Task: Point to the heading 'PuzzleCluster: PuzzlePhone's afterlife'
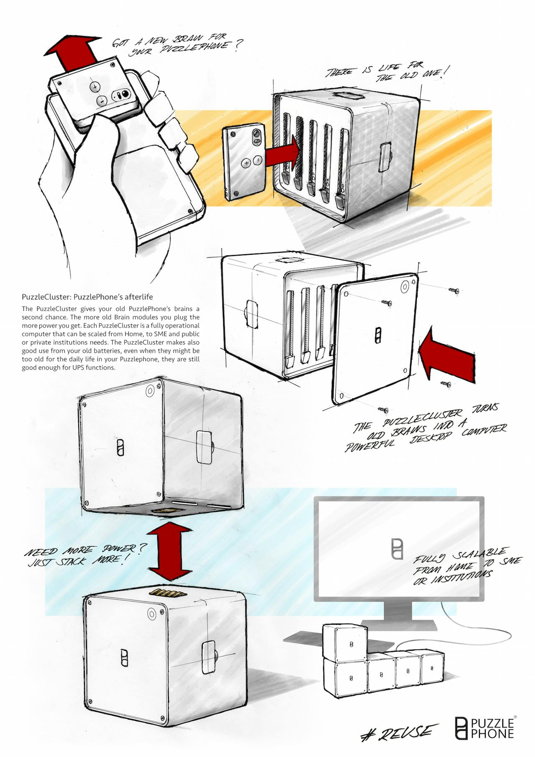coord(87,297)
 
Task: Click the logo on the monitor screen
coord(397,549)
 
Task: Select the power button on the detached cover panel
coord(405,287)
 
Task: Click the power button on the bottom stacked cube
coord(152,614)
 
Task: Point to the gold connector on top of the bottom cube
coord(167,593)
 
